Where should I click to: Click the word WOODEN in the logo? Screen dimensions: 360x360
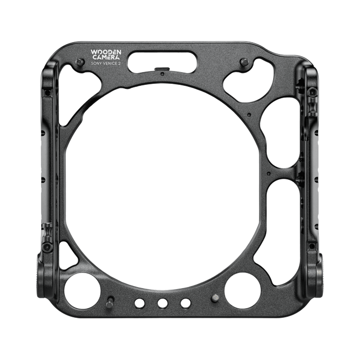pyautogui.click(x=106, y=52)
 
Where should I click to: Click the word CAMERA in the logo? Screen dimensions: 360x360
pyautogui.click(x=106, y=58)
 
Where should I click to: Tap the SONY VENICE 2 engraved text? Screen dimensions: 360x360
pyautogui.click(x=106, y=64)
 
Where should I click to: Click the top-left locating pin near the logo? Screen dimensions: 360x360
pyautogui.click(x=80, y=62)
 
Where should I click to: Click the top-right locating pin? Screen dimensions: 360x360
pyautogui.click(x=244, y=62)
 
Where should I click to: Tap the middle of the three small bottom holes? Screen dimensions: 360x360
pyautogui.click(x=163, y=303)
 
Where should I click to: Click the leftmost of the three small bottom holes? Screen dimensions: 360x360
pyautogui.click(x=140, y=303)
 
